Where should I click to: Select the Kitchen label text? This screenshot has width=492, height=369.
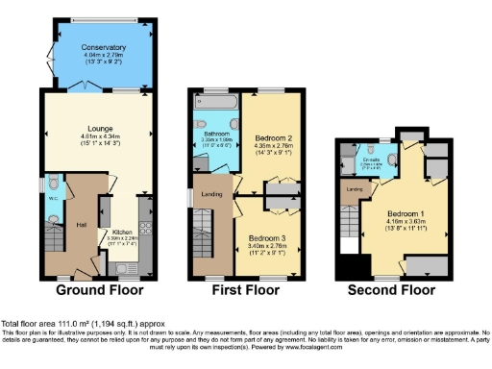tap(121, 232)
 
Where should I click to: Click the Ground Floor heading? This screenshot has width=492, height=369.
tap(100, 289)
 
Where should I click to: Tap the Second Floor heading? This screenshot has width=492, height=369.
tap(392, 289)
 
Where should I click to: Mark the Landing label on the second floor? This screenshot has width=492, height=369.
tap(354, 189)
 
